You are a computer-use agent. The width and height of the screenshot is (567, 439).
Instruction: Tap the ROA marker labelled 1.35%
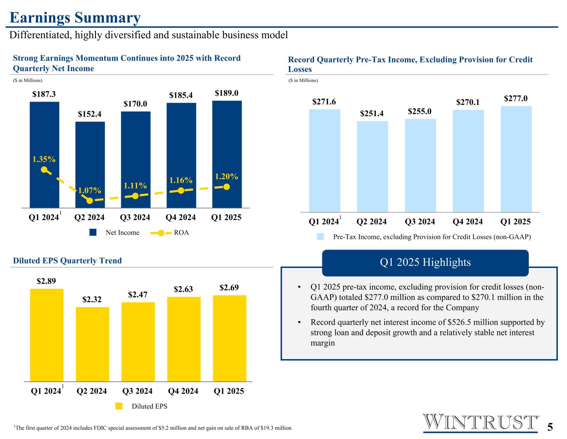[x=44, y=170]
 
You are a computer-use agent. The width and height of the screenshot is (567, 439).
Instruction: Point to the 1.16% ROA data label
[x=181, y=180]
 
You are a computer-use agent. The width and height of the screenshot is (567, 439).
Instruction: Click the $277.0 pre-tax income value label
[x=515, y=99]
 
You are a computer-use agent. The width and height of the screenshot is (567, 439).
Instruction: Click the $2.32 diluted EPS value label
[x=92, y=300]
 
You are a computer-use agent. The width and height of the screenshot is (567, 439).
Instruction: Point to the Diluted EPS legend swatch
[x=119, y=406]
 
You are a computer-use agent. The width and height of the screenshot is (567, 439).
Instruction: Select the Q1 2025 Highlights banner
[x=425, y=263]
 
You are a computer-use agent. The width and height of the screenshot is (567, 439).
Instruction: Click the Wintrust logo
[x=480, y=422]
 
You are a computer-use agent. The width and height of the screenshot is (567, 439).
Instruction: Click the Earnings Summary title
[x=75, y=18]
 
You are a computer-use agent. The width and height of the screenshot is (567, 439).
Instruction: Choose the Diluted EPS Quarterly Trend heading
[x=67, y=260]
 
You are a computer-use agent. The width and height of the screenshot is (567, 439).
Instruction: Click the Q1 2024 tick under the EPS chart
[x=46, y=391]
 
